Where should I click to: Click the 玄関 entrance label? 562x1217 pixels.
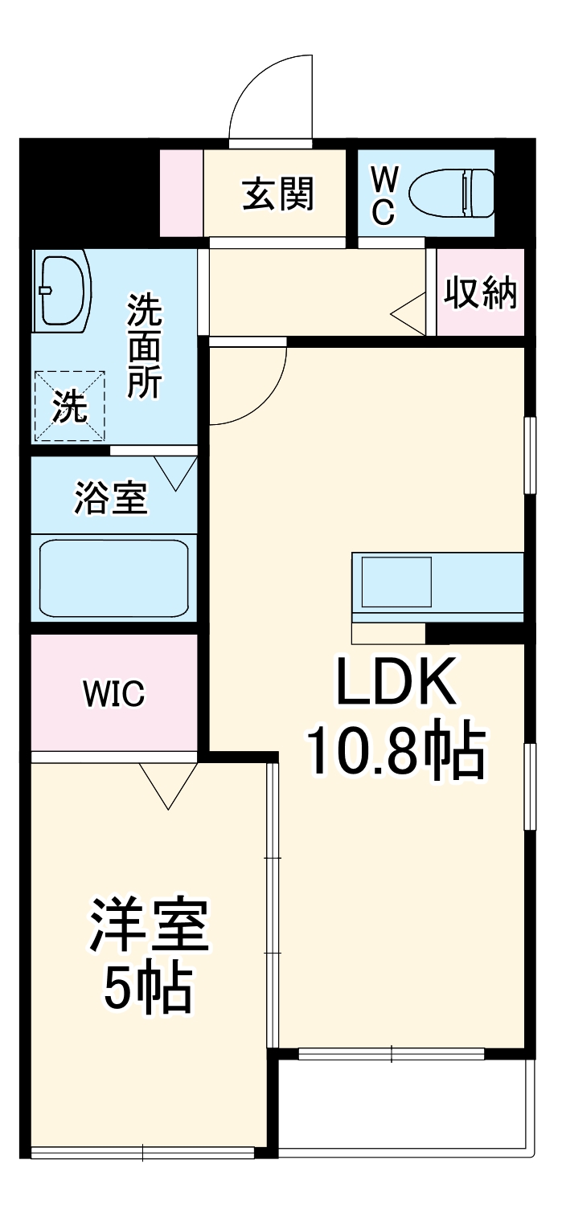pos(278,194)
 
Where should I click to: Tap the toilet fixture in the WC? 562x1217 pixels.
pos(451,193)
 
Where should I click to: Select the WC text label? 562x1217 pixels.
pos(384,194)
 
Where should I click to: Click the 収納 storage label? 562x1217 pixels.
pos(481,294)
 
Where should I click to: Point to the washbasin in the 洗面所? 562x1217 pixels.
pos(62,292)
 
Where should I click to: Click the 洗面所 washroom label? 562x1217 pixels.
pos(146,346)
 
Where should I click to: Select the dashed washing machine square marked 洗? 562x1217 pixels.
pos(69,406)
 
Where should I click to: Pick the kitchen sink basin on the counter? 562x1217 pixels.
pos(396,582)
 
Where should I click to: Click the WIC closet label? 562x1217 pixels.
pos(114,692)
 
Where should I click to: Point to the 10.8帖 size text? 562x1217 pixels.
pos(396,753)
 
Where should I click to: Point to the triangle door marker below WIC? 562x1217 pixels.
pos(168,785)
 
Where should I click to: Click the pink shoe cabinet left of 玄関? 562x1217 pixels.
pos(182,194)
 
